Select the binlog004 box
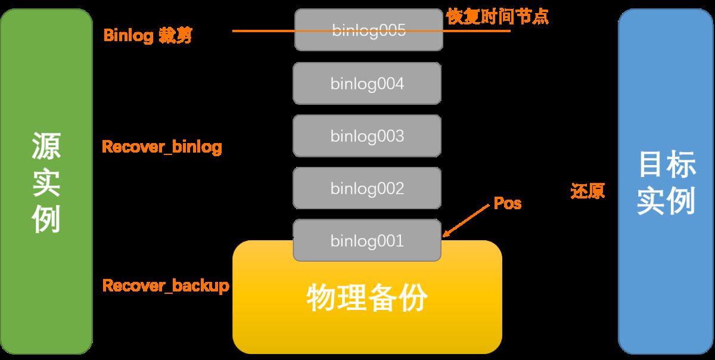tap(367, 83)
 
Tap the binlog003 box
tap(367, 136)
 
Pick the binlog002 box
tap(367, 188)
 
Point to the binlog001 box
tap(367, 240)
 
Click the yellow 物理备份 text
tap(367, 297)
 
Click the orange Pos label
tap(508, 204)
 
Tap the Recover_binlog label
tap(162, 147)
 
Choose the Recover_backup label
tap(166, 285)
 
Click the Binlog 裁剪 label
tap(148, 35)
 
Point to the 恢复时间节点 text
tap(498, 17)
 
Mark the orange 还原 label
tap(587, 191)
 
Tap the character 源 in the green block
tap(46, 146)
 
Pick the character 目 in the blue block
tap(652, 164)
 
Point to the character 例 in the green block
tap(46, 219)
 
